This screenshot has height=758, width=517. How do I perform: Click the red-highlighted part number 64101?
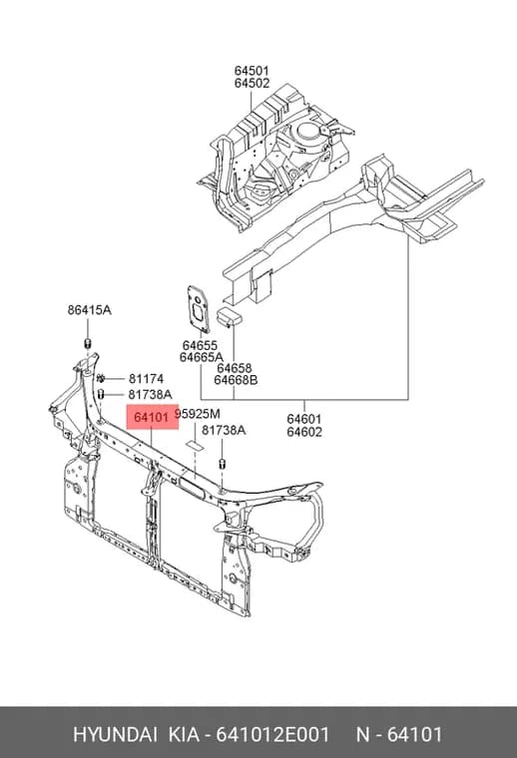(x=152, y=417)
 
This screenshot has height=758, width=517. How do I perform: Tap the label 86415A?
(x=90, y=310)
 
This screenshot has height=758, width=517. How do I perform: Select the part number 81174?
(x=146, y=379)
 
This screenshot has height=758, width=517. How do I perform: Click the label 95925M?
(x=197, y=414)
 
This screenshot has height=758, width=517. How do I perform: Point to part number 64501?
(x=252, y=71)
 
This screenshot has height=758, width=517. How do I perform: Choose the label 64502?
(x=252, y=83)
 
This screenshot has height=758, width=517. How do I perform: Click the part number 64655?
(x=200, y=345)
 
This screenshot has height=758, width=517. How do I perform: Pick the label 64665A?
(x=202, y=357)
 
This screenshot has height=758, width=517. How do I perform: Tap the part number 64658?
(x=235, y=368)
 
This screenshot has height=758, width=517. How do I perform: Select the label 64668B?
(x=236, y=380)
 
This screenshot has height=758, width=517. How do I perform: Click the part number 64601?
(x=304, y=419)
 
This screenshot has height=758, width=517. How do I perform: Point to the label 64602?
(x=304, y=431)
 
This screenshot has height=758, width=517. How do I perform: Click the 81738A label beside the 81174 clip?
(x=150, y=395)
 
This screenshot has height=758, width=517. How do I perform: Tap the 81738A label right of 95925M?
(x=224, y=430)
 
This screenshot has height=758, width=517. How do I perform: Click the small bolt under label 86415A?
(x=88, y=344)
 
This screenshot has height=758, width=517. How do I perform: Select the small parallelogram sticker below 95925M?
(x=196, y=445)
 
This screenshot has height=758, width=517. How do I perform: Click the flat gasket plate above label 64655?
(x=199, y=309)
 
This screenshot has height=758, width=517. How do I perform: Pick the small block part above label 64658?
(x=230, y=316)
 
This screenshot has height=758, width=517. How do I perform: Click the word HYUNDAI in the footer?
(x=115, y=735)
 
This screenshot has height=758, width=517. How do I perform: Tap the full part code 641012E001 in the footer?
(x=272, y=735)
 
